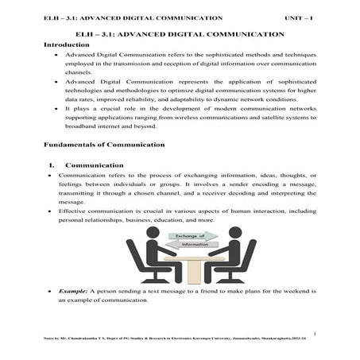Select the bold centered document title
tap(179, 35)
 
